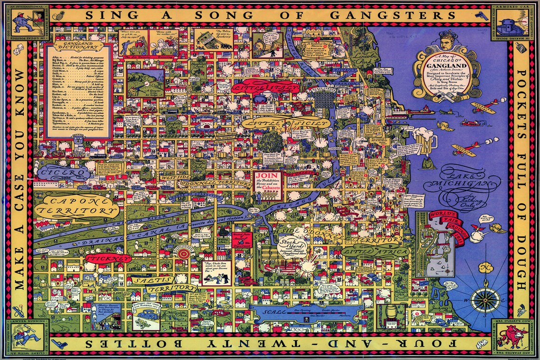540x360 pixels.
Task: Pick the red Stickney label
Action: tap(108, 259)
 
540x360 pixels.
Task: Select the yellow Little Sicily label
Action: tap(285, 123)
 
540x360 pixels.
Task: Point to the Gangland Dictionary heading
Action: tap(78, 47)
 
